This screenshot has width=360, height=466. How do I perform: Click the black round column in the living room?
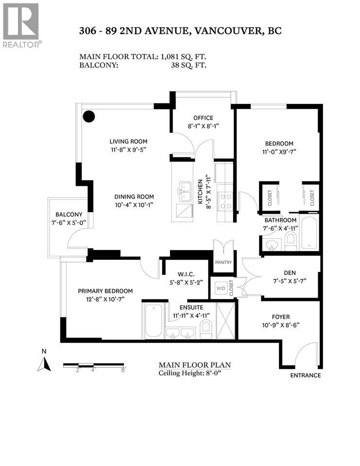(88, 116)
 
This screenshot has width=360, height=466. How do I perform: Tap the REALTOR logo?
(21, 24)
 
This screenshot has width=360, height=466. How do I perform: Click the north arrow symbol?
(45, 362)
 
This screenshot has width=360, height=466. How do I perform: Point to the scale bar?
(95, 365)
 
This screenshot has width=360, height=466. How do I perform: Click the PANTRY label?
(223, 262)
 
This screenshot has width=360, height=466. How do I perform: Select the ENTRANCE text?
(305, 375)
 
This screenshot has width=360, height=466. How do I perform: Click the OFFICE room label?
(203, 118)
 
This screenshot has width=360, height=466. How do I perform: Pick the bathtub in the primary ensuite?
(154, 320)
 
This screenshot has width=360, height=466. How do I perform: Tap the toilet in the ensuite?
(206, 329)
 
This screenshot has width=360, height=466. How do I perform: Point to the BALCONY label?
(69, 214)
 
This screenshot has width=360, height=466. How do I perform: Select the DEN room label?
(290, 272)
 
